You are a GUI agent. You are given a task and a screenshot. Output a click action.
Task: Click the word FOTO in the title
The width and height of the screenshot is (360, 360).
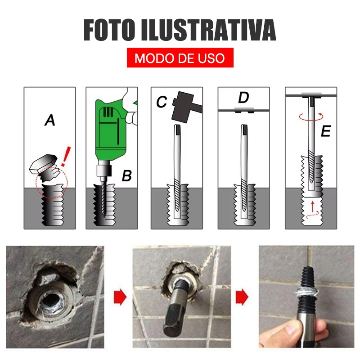(x=109, y=30)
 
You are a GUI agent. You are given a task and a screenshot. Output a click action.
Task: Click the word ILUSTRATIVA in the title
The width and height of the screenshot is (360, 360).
(x=208, y=30)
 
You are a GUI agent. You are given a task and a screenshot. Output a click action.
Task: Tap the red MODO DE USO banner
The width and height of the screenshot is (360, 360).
(x=180, y=58)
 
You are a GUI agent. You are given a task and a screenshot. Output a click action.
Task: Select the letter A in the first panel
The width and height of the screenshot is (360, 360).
(x=50, y=120)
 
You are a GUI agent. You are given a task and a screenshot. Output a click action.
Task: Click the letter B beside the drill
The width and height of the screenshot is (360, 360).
(x=127, y=175)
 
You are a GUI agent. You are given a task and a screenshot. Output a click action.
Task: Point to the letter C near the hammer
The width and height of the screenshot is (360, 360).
(x=162, y=102)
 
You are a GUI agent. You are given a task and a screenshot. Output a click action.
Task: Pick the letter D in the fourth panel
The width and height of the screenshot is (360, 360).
(x=243, y=98)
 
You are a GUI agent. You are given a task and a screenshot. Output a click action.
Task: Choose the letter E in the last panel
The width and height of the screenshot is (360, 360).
(x=326, y=131)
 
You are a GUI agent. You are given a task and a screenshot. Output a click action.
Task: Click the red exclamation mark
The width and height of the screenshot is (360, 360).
(x=66, y=156)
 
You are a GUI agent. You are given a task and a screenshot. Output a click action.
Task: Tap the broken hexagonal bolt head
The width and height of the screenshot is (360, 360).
(x=43, y=164)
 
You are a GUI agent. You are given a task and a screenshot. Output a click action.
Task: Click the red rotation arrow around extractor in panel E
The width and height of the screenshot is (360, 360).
(x=311, y=117)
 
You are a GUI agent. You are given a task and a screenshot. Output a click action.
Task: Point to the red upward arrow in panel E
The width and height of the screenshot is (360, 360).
(x=312, y=206)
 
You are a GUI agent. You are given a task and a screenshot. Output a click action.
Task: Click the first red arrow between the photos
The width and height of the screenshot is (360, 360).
(x=120, y=297)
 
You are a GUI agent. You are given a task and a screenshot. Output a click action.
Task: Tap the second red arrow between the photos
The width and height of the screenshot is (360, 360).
(x=242, y=297)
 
